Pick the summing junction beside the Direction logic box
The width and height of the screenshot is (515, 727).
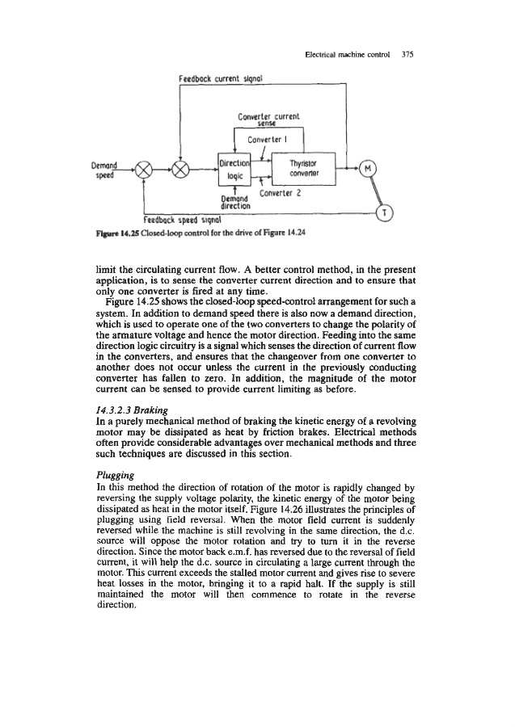pyautogui.click(x=183, y=170)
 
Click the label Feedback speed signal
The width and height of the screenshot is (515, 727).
pyautogui.click(x=183, y=218)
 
